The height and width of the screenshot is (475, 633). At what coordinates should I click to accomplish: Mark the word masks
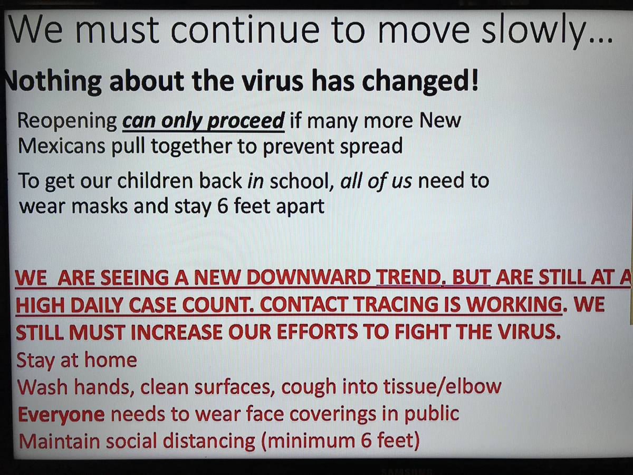point(100,206)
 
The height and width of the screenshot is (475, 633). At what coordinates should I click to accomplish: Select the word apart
point(300,207)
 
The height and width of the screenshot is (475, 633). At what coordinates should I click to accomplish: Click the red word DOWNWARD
point(308,278)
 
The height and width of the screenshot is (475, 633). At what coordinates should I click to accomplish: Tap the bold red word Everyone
point(61,415)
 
